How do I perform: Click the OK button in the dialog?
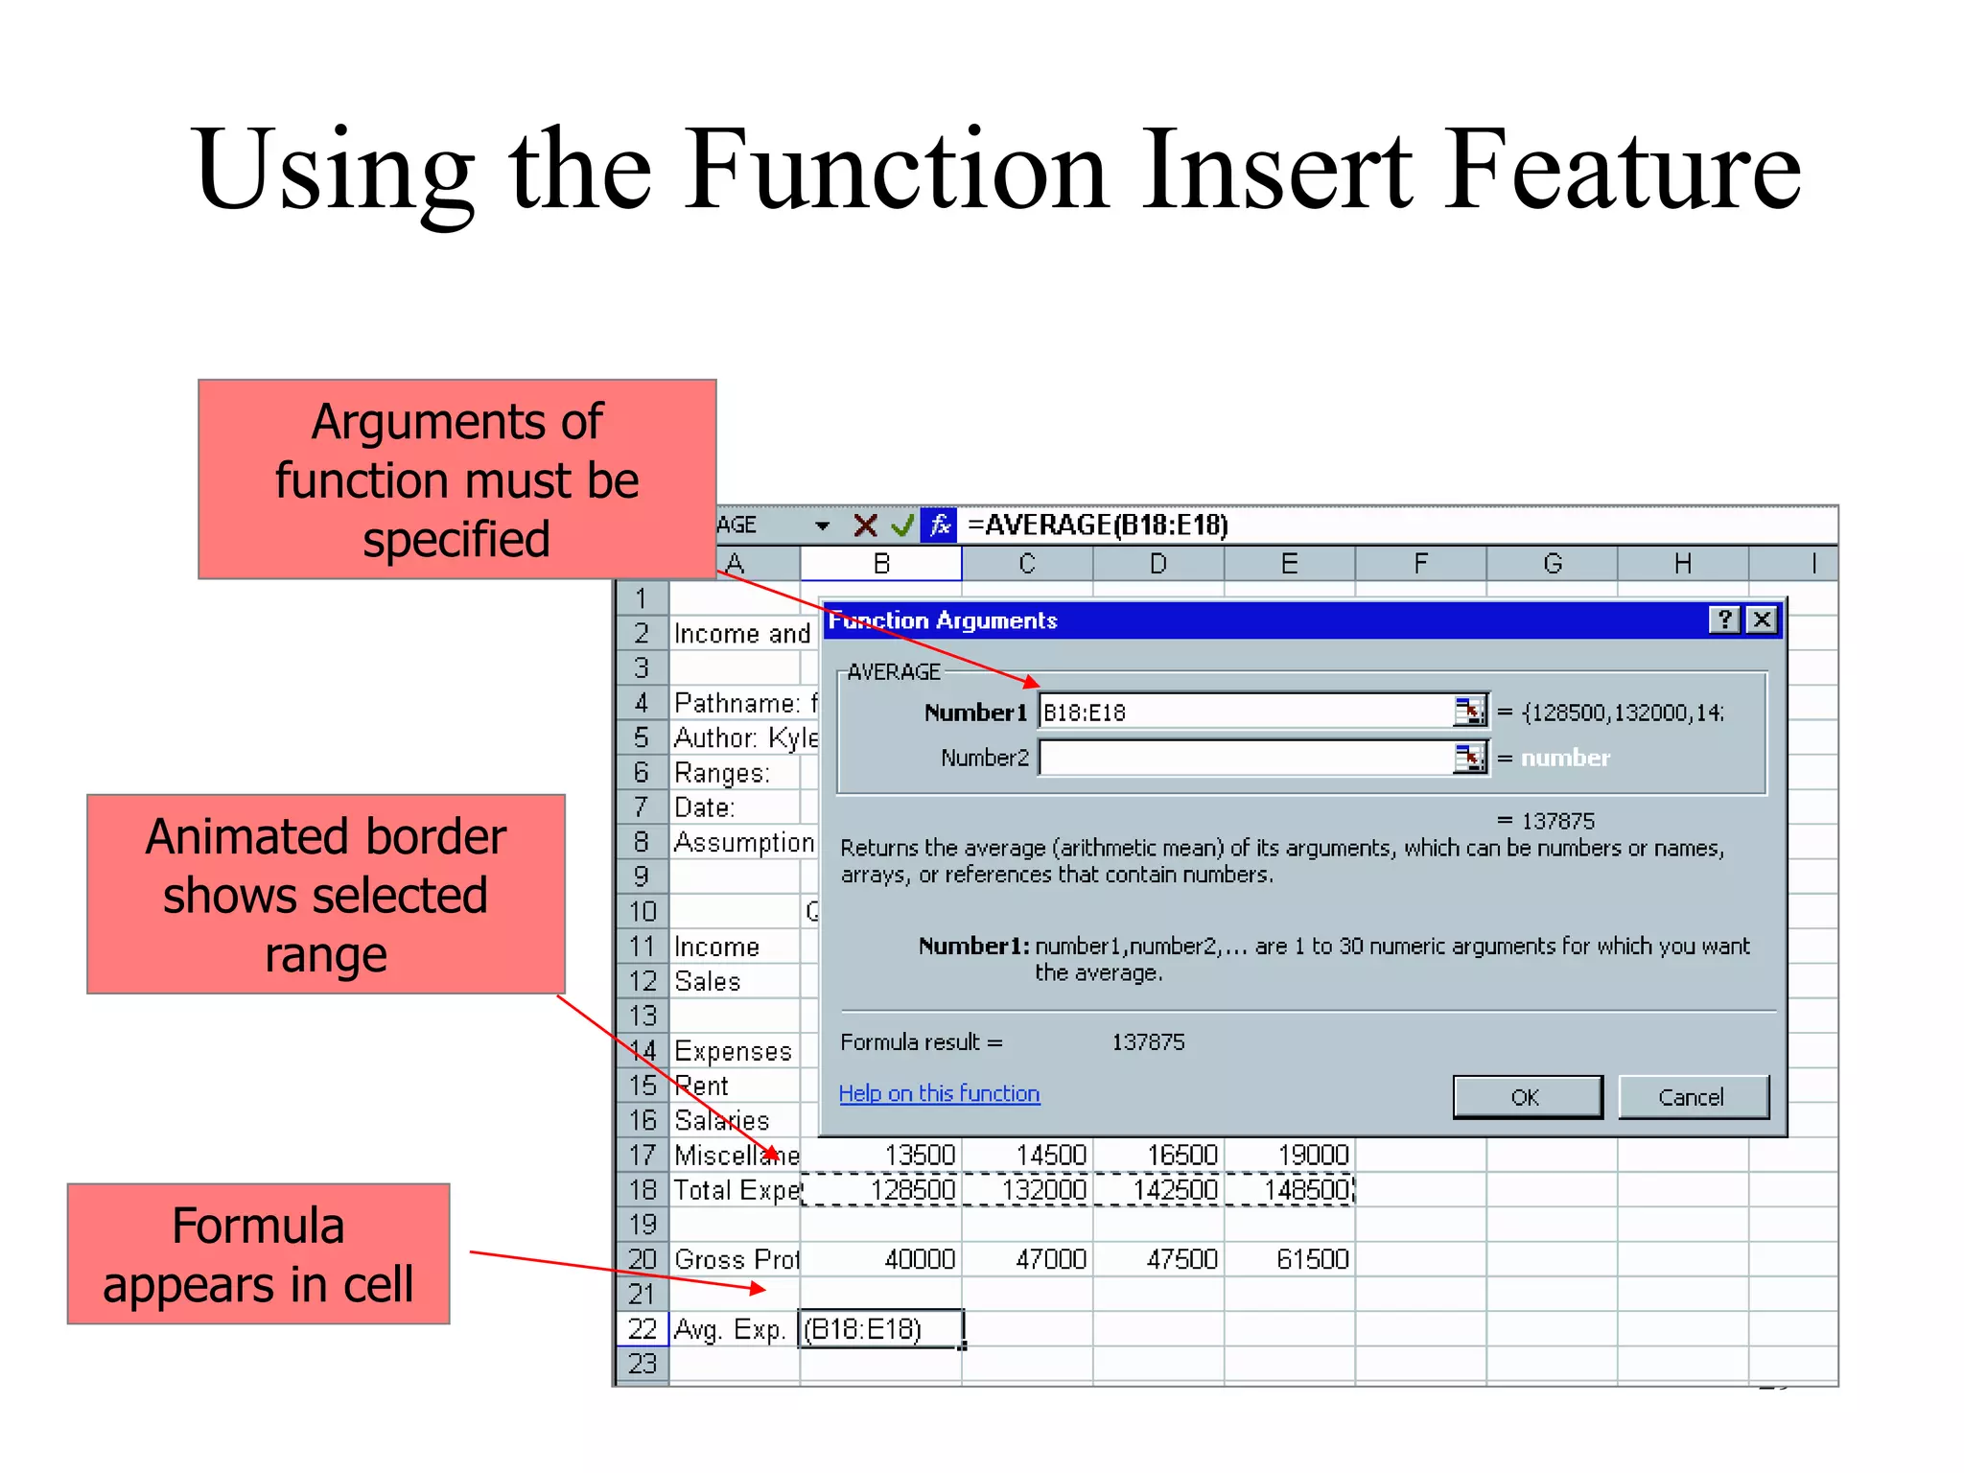coord(1527,1097)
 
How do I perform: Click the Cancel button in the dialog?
coord(1692,1097)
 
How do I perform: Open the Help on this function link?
coord(939,1093)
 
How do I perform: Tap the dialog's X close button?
coord(1762,620)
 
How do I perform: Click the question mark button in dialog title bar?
coord(1724,620)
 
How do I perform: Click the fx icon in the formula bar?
coord(939,526)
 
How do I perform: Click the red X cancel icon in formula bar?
coord(865,526)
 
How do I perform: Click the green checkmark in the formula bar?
coord(901,526)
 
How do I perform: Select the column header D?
coord(1158,564)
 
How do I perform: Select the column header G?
coord(1552,564)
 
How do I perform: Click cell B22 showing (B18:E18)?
coord(880,1329)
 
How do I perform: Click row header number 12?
coord(643,981)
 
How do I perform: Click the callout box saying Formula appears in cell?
coord(258,1254)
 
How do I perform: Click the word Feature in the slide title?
coord(1623,170)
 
